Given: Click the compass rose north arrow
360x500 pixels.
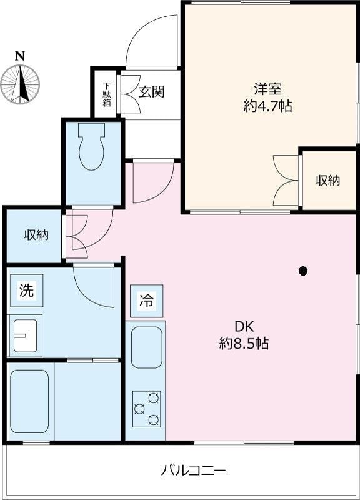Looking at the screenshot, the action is click(21, 83).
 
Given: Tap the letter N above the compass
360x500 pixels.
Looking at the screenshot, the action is click(20, 56).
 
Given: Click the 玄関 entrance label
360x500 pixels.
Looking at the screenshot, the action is click(151, 92).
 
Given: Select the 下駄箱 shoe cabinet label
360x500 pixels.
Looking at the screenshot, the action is click(107, 94).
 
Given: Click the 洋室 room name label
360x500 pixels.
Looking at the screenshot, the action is click(268, 89).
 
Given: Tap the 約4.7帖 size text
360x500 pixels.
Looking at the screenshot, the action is click(268, 106).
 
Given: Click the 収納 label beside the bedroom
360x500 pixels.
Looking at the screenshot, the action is click(327, 181).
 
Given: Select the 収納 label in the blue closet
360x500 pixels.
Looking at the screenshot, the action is click(37, 235).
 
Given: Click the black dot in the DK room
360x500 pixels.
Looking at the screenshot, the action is click(303, 271).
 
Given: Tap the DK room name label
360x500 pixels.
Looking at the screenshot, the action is click(244, 327).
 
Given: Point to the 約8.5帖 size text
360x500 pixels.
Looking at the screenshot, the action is click(244, 343).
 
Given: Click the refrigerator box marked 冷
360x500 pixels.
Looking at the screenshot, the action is click(147, 301).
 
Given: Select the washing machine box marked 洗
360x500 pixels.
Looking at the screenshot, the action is click(27, 291).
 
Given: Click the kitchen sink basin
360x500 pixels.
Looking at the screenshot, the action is click(147, 347).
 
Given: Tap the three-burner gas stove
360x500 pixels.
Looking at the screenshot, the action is click(147, 409).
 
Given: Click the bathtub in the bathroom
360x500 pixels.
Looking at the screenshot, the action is click(29, 401).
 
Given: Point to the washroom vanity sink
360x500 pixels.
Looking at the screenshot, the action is click(25, 336).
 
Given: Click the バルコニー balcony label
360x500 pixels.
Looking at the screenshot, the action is click(193, 471).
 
